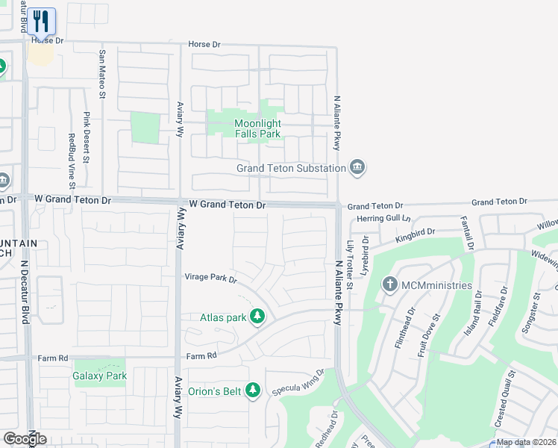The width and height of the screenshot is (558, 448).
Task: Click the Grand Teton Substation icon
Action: (x=357, y=167)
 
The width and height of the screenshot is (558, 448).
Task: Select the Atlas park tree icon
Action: (x=257, y=317)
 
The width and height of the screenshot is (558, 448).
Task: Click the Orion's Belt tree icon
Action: (x=254, y=390)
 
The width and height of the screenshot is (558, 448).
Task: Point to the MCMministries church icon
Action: (x=389, y=284)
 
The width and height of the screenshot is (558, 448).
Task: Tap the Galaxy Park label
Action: (x=99, y=376)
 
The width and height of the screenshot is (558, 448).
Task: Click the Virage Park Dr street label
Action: (x=210, y=279)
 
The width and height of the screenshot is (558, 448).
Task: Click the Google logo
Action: (x=25, y=439)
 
